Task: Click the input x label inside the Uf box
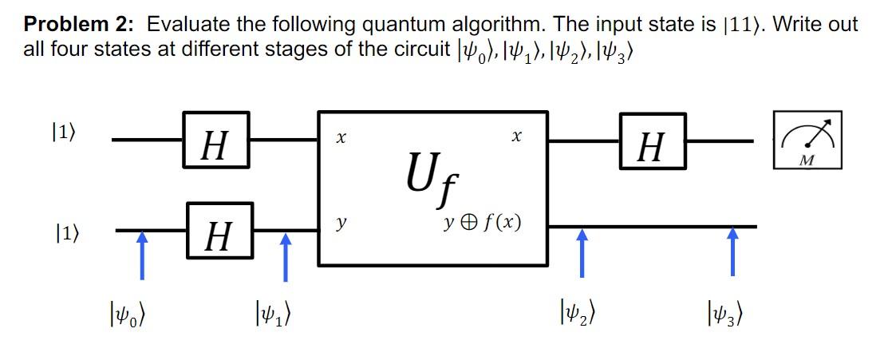(341, 138)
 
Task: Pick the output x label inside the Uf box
(517, 138)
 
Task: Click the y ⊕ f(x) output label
(483, 221)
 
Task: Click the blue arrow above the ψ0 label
(141, 252)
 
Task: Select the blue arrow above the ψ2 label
(582, 252)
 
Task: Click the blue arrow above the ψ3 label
(732, 252)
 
